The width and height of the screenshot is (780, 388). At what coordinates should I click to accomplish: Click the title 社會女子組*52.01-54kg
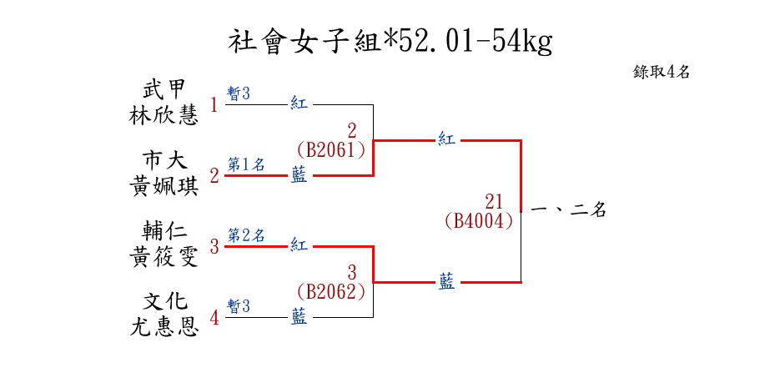(x=390, y=41)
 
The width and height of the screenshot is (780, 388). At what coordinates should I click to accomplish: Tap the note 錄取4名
(x=661, y=72)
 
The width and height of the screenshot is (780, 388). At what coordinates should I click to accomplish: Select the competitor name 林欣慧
(x=164, y=115)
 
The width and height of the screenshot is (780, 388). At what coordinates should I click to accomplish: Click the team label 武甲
(x=164, y=89)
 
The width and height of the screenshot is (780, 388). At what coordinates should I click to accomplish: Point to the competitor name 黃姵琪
(x=164, y=186)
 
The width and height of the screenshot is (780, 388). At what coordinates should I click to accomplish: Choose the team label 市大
(x=164, y=159)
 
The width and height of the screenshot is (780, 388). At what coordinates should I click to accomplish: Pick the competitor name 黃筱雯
(x=164, y=257)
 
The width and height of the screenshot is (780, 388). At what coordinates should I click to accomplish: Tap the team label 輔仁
(x=164, y=230)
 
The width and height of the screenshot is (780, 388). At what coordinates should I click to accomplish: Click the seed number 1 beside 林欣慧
(x=214, y=105)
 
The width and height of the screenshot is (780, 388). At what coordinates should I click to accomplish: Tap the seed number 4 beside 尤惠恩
(x=214, y=318)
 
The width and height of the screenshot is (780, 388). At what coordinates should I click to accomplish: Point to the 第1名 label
(x=246, y=164)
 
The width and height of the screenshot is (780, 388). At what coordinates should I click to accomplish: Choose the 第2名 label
(x=246, y=235)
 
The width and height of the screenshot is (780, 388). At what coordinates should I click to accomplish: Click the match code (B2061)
(x=331, y=150)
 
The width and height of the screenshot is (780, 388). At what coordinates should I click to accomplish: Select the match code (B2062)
(x=331, y=292)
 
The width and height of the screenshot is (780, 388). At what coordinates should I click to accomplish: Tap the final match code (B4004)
(x=478, y=221)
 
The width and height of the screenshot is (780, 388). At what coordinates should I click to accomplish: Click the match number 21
(x=493, y=201)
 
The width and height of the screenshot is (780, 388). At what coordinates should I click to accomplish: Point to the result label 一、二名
(x=567, y=210)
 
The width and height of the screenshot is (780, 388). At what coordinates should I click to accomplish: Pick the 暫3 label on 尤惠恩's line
(x=239, y=306)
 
